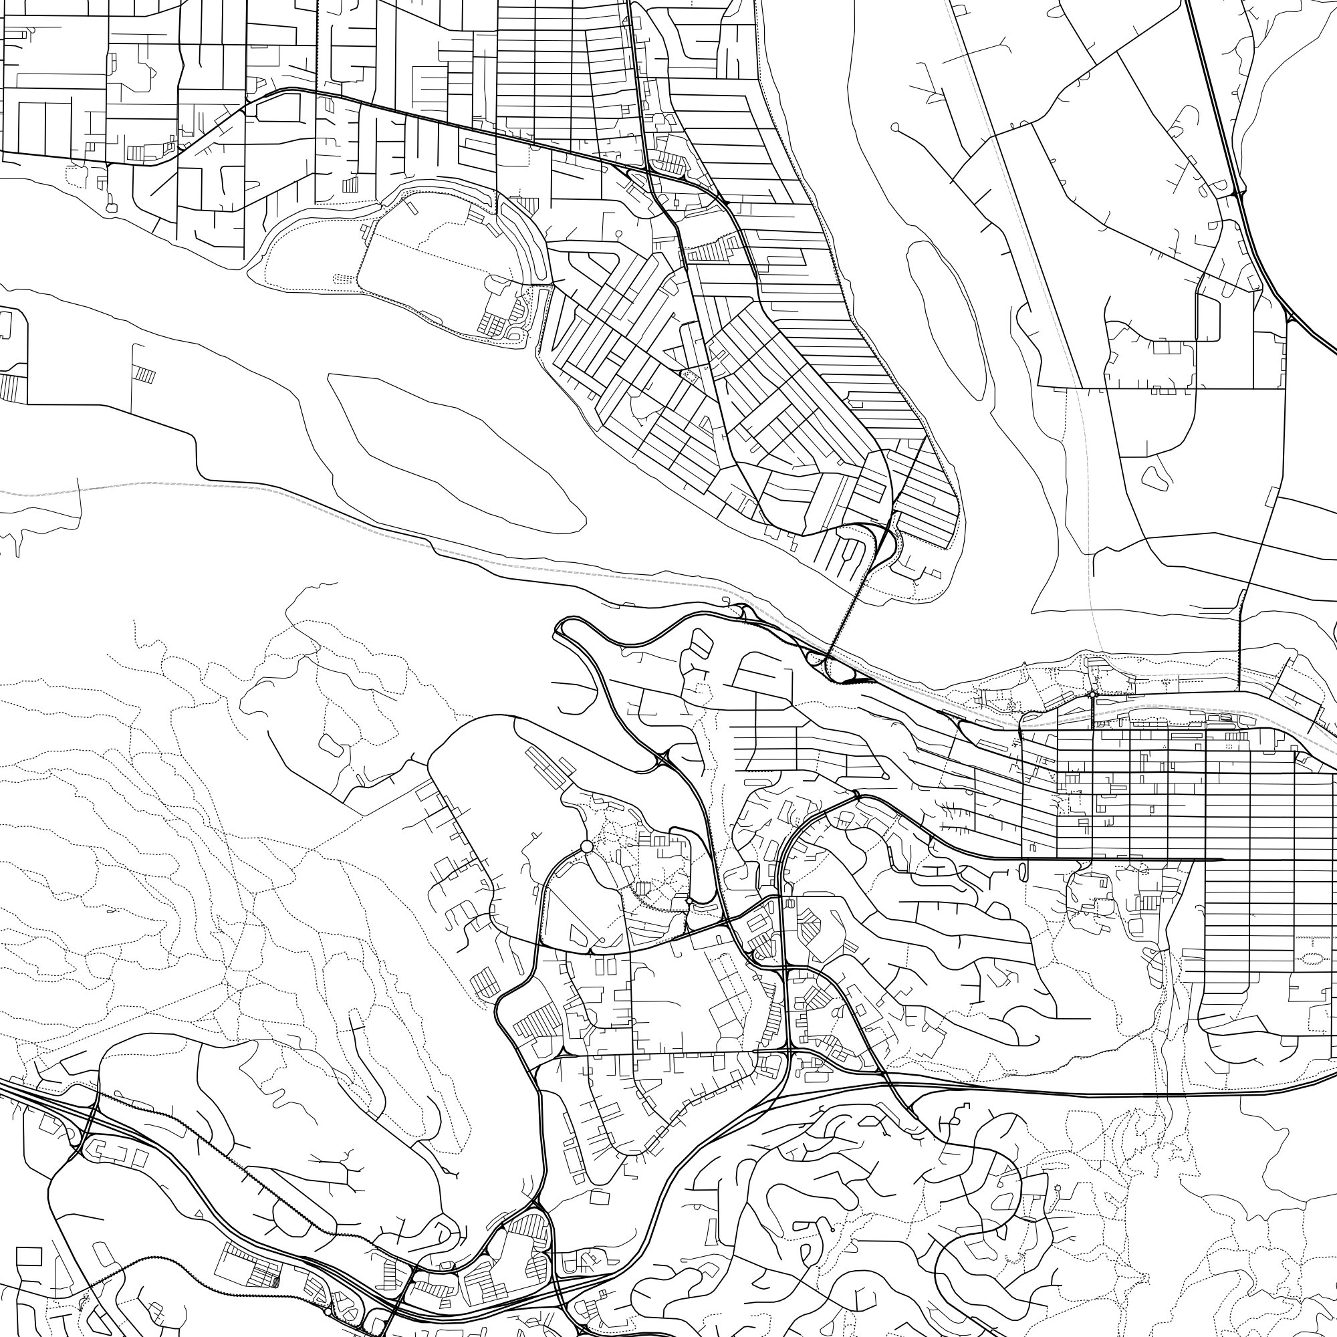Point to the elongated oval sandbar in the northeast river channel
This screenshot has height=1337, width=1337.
click(948, 318)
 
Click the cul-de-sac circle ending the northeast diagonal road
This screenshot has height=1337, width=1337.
click(895, 127)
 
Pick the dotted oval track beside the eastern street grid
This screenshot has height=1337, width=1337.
click(1313, 959)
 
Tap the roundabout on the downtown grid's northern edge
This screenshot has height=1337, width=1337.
click(1092, 694)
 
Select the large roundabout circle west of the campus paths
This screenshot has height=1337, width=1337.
click(587, 847)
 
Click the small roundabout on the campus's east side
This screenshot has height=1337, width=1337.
click(689, 900)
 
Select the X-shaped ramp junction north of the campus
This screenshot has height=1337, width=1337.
click(663, 761)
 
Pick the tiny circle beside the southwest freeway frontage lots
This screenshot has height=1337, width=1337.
click(328, 1310)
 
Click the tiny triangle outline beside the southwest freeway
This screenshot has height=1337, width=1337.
click(199, 1214)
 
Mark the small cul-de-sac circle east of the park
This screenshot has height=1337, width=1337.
click(618, 234)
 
